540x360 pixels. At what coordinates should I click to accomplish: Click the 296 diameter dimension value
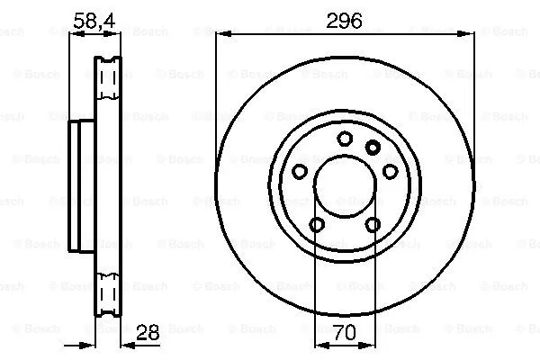[x=344, y=20]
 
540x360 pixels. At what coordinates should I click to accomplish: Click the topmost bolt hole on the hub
[x=345, y=138]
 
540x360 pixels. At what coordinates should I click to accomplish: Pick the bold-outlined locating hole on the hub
[x=373, y=147]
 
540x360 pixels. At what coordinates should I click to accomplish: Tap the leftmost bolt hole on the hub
[x=300, y=171]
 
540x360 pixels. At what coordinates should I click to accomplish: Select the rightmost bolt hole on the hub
[x=391, y=171]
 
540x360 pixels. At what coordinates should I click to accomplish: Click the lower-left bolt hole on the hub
[x=317, y=225]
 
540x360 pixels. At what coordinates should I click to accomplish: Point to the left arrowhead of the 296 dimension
[x=221, y=34]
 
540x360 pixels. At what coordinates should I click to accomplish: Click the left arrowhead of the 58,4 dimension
[x=75, y=34]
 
